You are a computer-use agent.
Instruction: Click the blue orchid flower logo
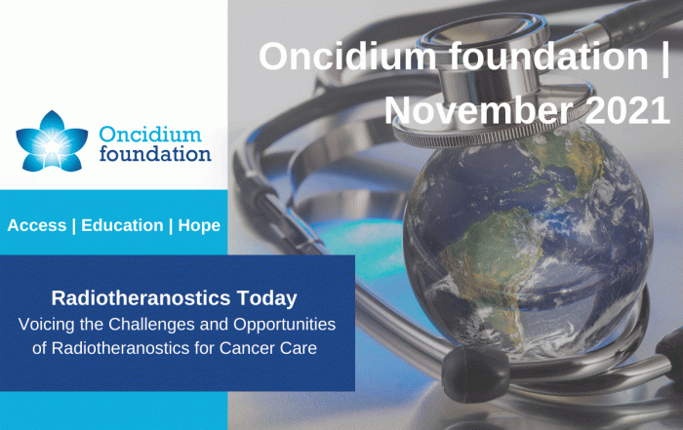point(52,140)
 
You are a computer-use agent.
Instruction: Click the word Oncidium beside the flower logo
point(150,135)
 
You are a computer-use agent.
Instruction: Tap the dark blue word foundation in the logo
point(155,154)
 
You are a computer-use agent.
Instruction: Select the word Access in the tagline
point(37,225)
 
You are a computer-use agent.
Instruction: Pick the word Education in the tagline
point(122,225)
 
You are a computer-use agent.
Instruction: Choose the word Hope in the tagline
point(199,226)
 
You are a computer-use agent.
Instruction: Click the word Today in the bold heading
point(267,299)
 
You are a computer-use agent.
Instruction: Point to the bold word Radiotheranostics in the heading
point(141,298)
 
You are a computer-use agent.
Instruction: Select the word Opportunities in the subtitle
point(285,325)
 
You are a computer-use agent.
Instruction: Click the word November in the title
point(478,110)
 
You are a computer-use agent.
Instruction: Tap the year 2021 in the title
point(626,110)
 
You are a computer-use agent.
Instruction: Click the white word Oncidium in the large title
point(347,56)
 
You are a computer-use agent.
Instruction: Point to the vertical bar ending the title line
point(665,58)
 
